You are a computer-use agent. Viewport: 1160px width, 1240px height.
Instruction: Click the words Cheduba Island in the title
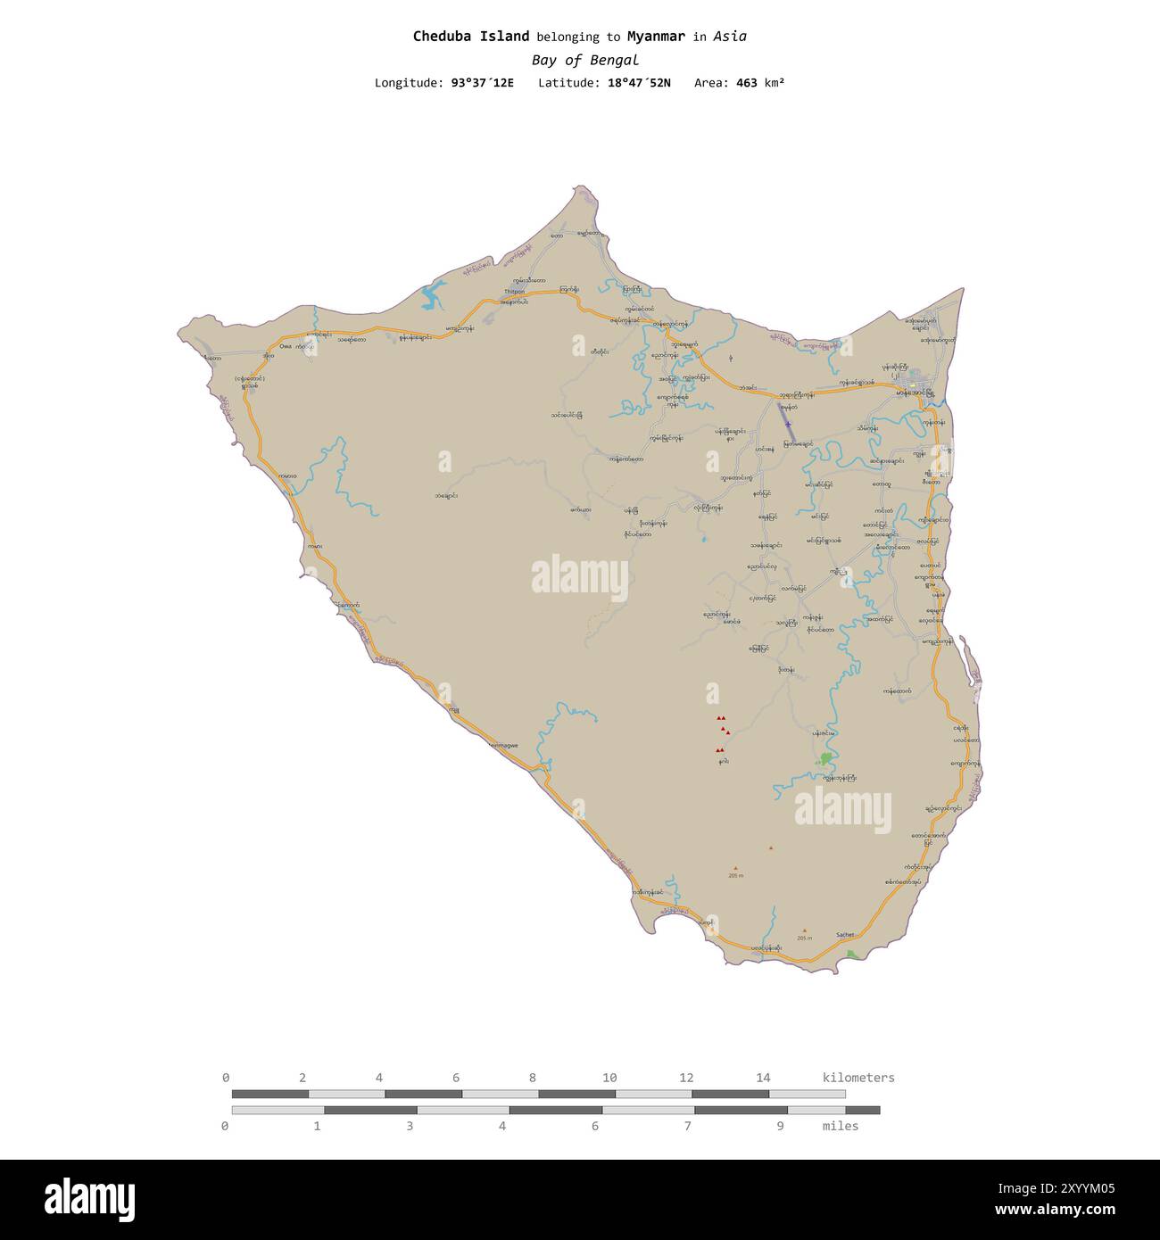click(470, 37)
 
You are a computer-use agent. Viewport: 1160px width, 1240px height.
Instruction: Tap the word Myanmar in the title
click(656, 37)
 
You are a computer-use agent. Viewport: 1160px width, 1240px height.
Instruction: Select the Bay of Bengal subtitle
click(584, 61)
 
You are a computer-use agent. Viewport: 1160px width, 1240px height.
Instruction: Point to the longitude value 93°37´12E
click(482, 83)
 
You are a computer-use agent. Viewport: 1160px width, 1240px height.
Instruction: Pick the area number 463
click(746, 83)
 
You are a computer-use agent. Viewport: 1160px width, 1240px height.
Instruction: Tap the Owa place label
click(286, 346)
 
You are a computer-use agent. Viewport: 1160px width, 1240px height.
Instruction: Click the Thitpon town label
click(514, 292)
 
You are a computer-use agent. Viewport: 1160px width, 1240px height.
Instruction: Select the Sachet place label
click(844, 935)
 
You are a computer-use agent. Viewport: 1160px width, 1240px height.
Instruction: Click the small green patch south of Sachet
click(852, 955)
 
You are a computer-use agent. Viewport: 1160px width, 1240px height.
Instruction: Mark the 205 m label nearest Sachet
click(805, 938)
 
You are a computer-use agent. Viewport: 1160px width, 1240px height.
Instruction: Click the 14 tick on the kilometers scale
click(763, 1078)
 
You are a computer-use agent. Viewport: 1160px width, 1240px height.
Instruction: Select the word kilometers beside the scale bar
click(858, 1078)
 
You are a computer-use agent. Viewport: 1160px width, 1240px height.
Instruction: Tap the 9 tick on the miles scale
click(780, 1126)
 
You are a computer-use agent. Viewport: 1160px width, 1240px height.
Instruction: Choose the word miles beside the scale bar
click(841, 1126)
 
